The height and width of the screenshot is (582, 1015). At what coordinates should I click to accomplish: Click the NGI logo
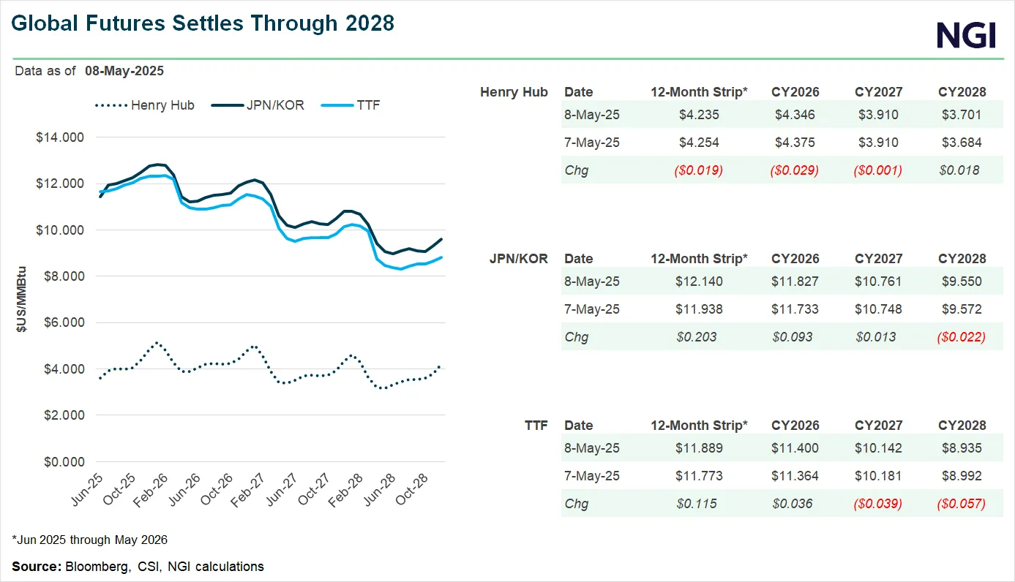pos(966,34)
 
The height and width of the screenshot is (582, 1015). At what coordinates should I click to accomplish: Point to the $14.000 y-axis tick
pos(60,137)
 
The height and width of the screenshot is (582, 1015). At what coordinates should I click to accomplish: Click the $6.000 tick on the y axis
pos(60,322)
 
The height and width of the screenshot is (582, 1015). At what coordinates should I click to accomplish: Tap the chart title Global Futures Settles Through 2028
pos(203,23)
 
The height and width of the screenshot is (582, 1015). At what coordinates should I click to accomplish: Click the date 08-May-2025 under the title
pos(124,71)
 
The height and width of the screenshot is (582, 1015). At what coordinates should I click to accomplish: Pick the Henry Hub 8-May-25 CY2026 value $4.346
pos(795,115)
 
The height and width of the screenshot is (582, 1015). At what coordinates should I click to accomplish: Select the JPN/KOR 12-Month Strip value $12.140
pos(699,281)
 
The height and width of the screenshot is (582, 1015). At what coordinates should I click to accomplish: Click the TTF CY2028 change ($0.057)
pos(962,504)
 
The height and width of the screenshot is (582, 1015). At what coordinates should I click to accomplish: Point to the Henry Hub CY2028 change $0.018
pos(962,170)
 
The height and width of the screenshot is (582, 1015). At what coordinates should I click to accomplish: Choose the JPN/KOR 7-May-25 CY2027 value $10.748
pos(878,309)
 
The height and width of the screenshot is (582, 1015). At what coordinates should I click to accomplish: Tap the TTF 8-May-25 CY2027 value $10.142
pos(878,448)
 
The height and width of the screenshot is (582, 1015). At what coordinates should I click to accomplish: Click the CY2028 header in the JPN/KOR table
pos(962,259)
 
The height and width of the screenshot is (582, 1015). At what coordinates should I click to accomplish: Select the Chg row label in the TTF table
pos(576,504)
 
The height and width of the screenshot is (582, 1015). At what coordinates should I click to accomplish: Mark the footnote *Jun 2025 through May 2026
pos(90,540)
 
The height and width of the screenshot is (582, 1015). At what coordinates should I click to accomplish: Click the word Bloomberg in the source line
pos(93,567)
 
